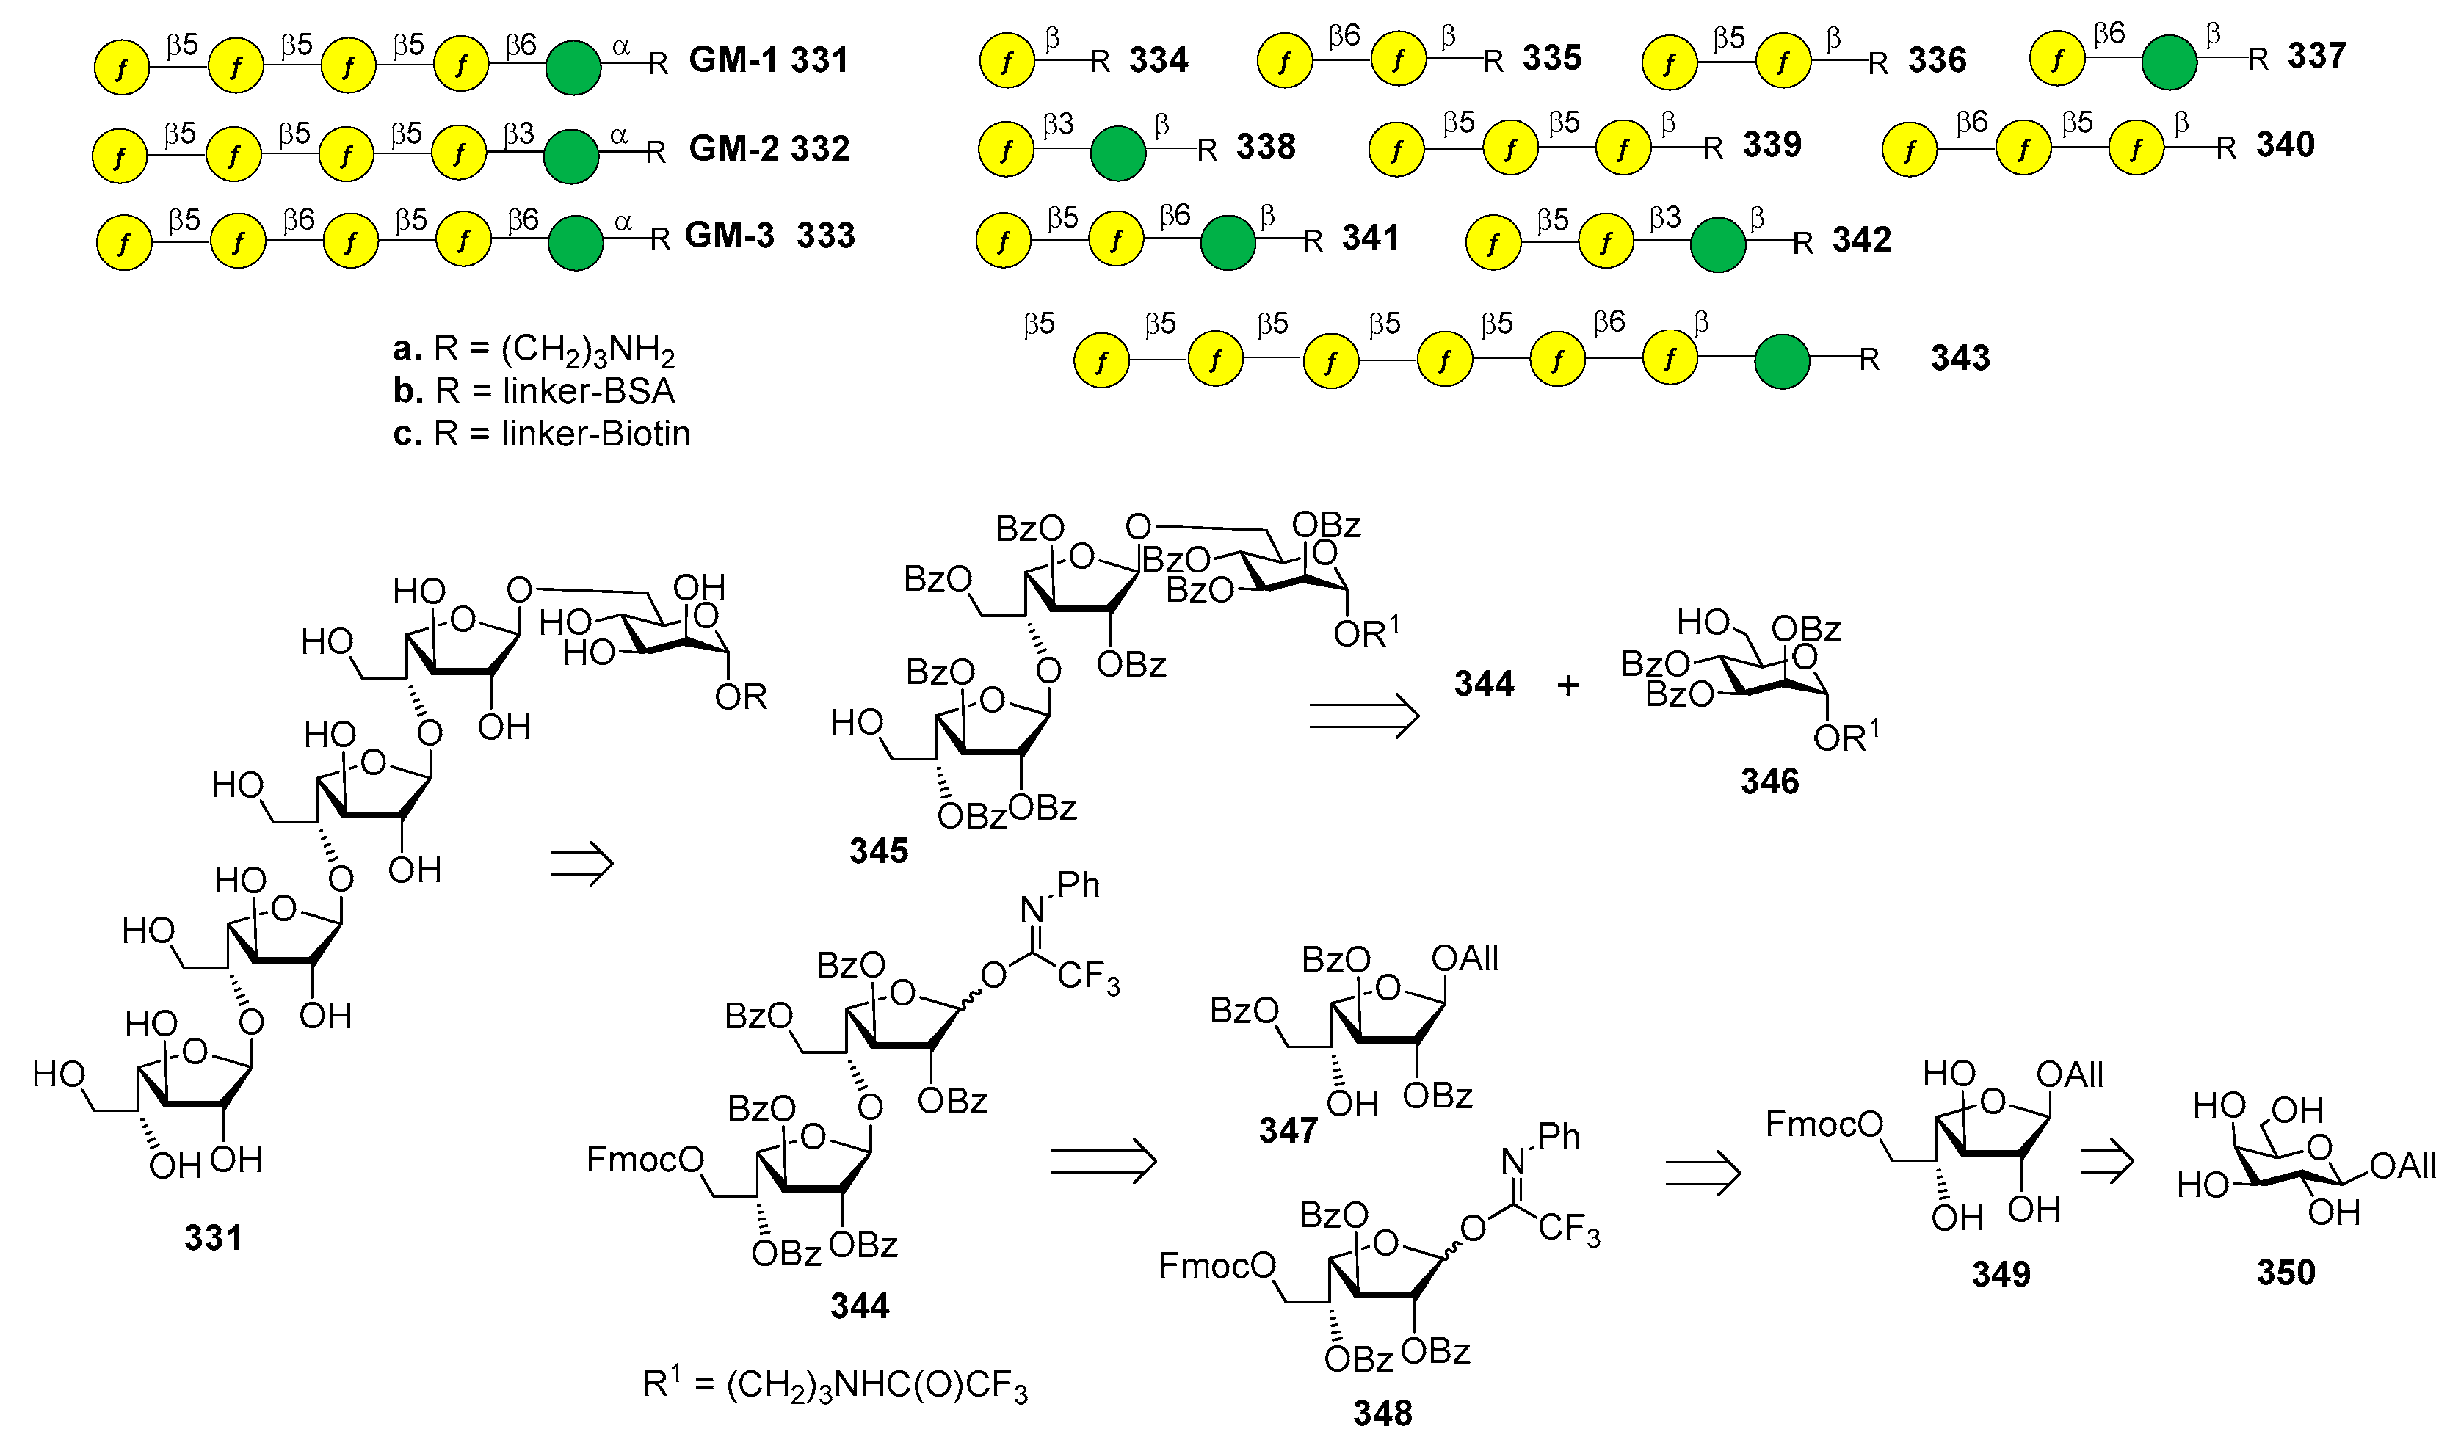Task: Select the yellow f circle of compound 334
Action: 1006,62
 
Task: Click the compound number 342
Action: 1860,240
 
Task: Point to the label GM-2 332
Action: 769,148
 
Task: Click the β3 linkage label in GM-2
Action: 518,133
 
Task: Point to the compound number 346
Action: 1769,781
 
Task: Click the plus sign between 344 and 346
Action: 1567,685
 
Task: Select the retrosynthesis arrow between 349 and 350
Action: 2106,1162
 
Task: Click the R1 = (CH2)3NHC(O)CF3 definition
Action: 835,1386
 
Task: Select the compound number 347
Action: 1287,1131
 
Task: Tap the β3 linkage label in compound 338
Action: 1058,124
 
